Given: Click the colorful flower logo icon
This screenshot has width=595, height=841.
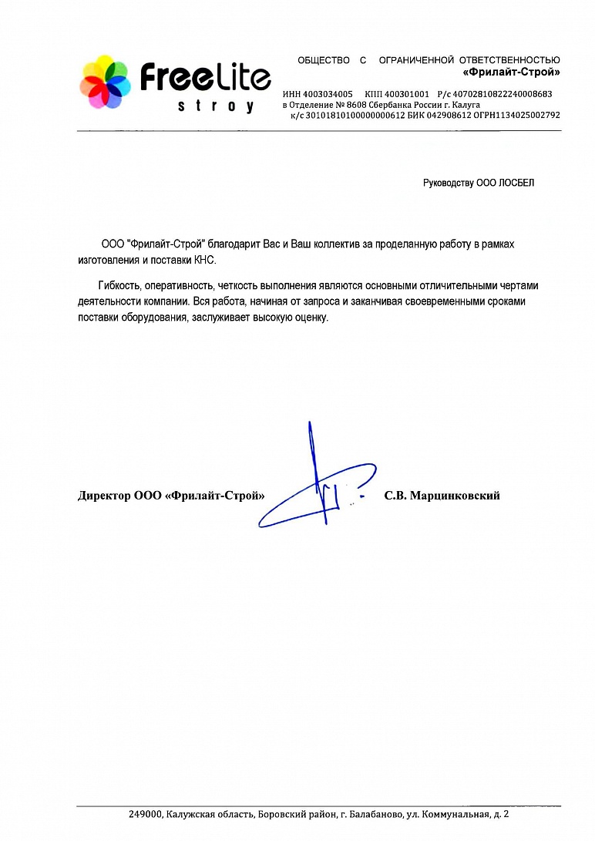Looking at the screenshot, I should point(106,81).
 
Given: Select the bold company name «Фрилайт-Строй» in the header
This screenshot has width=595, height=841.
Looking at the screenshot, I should point(511,72).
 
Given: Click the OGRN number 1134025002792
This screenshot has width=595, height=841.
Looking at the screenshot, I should point(528,115).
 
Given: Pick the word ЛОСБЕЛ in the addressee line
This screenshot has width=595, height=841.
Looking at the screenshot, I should point(516,183).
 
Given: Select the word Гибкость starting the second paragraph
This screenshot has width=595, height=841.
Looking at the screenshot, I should point(119,284).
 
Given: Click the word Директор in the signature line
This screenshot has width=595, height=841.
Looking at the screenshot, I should point(104,496).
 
